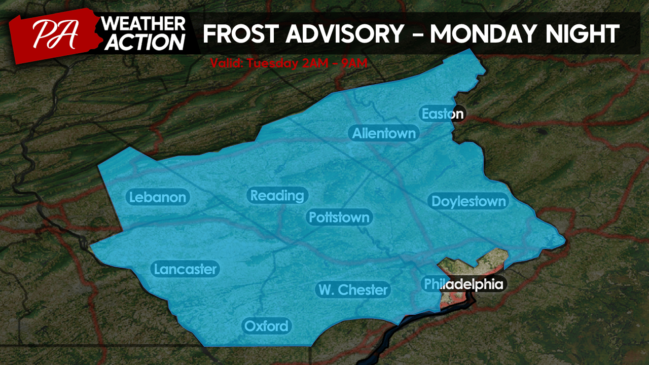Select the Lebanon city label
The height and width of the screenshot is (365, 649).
point(158,197)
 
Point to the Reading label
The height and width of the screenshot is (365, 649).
point(277,195)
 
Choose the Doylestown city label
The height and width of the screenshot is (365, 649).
point(468,201)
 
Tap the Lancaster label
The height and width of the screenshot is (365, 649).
point(185,269)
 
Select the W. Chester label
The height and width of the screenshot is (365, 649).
point(353,289)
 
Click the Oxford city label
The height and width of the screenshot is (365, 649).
point(266,326)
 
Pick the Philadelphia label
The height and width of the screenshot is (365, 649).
point(464,284)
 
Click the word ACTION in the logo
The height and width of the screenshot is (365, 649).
point(144,43)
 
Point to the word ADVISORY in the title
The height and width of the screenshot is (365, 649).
point(344,34)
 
